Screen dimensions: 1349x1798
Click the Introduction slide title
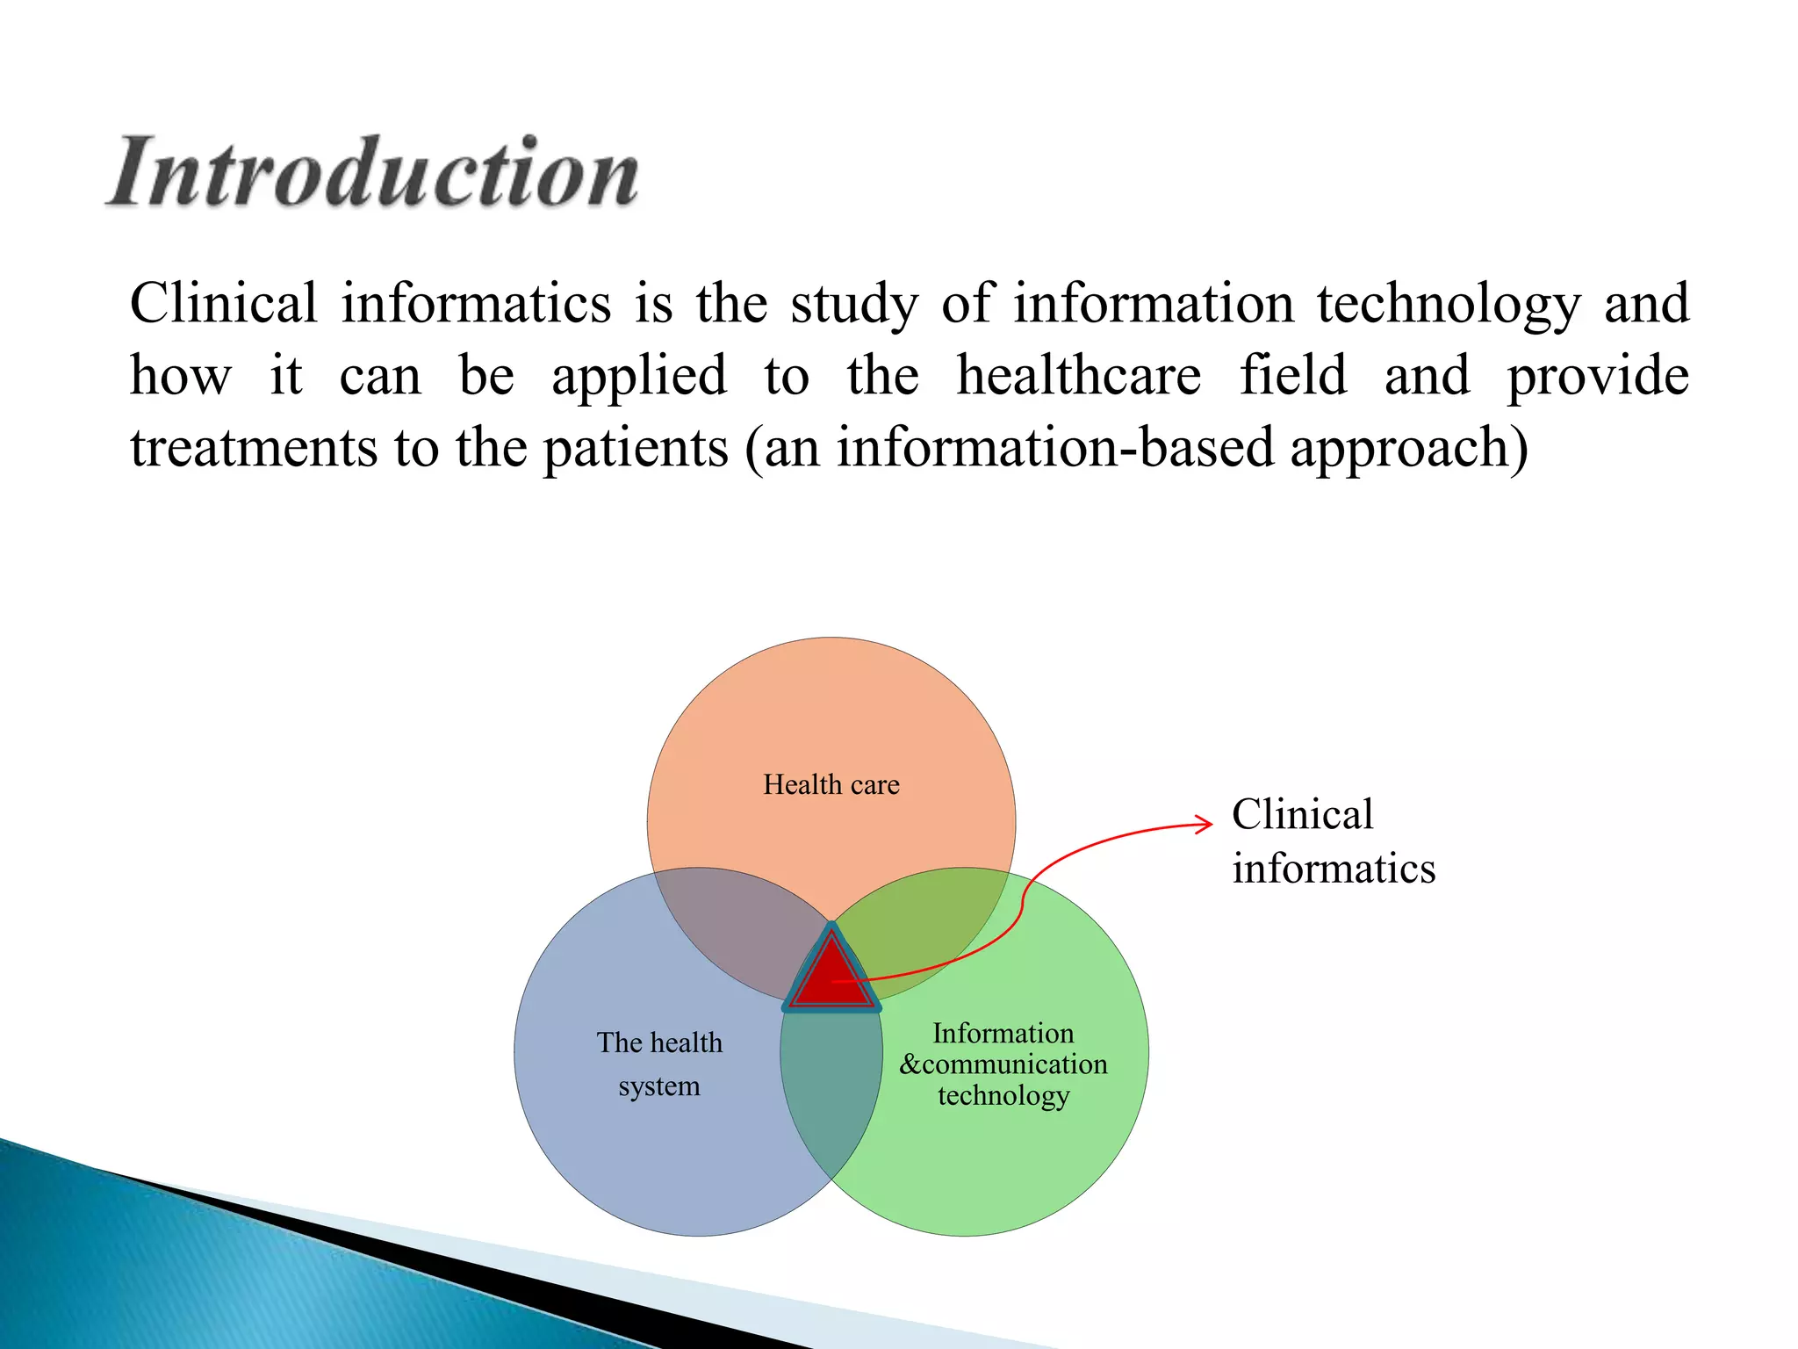click(373, 172)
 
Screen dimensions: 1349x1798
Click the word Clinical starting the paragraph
click(223, 303)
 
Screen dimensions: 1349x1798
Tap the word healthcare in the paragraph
click(1078, 375)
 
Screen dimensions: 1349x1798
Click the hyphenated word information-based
click(1054, 447)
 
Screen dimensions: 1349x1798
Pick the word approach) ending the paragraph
click(1409, 449)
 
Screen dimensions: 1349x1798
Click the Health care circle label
click(831, 784)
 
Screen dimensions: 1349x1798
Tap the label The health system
click(659, 1064)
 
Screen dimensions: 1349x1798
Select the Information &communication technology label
click(1003, 1064)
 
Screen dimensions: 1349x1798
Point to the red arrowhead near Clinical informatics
click(1205, 824)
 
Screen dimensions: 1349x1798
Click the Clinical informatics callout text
click(1332, 841)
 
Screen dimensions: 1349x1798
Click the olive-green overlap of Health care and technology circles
click(931, 922)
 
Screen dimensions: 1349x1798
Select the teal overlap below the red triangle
click(831, 1089)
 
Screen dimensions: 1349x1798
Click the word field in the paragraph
click(1292, 375)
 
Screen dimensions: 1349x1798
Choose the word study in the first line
click(853, 305)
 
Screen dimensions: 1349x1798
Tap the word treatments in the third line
click(253, 447)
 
